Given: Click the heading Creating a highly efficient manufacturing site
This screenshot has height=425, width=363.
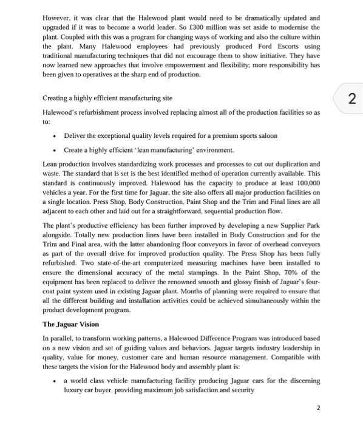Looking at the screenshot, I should coord(107,98).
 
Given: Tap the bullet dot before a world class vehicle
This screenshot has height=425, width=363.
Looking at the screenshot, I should coord(55,381).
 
